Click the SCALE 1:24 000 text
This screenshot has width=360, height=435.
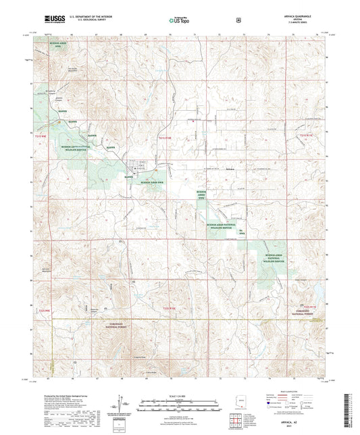pos(180,394)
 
